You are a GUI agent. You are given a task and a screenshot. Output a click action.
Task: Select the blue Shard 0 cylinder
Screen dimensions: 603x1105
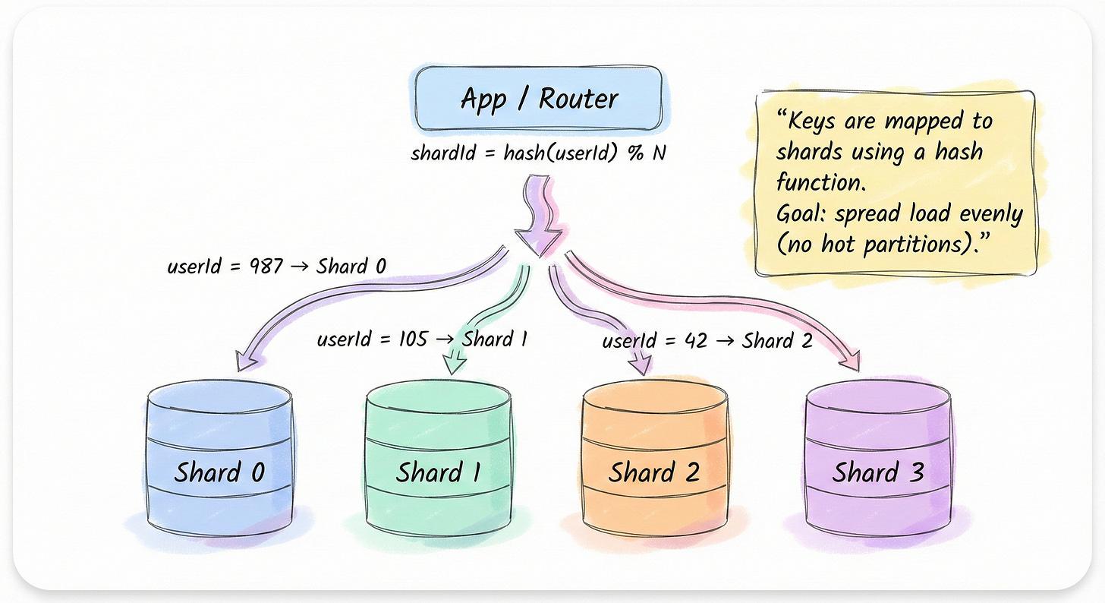pyautogui.click(x=219, y=459)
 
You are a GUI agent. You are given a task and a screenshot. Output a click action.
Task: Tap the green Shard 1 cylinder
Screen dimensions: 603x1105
pyautogui.click(x=438, y=459)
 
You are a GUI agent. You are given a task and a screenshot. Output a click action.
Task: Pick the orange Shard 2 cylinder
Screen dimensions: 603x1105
pyautogui.click(x=654, y=459)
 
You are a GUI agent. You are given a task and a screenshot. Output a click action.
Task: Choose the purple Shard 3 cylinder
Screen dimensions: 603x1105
pyautogui.click(x=877, y=459)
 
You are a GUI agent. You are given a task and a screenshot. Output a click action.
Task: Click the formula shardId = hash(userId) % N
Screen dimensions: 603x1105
pyautogui.click(x=538, y=153)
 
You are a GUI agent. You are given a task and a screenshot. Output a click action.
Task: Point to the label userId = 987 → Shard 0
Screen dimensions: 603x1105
pyautogui.click(x=276, y=267)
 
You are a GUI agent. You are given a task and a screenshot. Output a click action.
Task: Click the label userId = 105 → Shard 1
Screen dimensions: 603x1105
pyautogui.click(x=422, y=339)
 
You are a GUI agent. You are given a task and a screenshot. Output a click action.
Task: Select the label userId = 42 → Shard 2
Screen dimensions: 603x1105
pyautogui.click(x=707, y=340)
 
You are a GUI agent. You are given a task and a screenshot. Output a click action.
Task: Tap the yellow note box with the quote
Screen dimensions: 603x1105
pyautogui.click(x=896, y=182)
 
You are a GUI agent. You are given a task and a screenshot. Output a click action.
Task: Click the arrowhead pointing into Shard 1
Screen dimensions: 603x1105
pyautogui.click(x=454, y=363)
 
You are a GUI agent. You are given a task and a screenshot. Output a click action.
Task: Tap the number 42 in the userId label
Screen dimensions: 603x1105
pyautogui.click(x=694, y=340)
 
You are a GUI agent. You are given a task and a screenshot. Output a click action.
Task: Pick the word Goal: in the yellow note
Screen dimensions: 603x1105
pyautogui.click(x=802, y=214)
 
